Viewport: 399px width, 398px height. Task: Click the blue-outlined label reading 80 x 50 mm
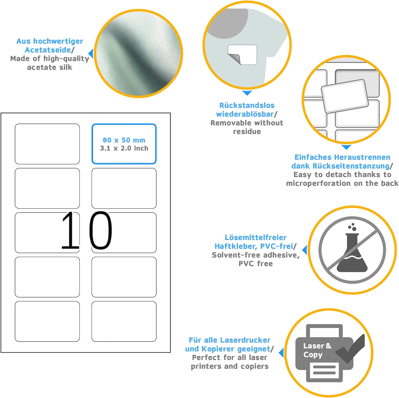[x=124, y=144]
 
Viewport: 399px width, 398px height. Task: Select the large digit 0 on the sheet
[x=100, y=230]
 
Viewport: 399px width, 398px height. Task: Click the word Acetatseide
[x=48, y=50]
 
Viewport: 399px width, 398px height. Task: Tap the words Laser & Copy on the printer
[x=317, y=350]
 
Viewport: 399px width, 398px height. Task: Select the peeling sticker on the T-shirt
[x=242, y=55]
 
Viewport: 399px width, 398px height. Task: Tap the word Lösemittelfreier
[x=256, y=237]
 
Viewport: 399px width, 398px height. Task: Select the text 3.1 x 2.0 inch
[x=124, y=148]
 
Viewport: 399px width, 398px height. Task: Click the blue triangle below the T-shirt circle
[x=247, y=93]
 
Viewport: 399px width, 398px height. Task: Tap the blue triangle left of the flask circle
[x=305, y=250]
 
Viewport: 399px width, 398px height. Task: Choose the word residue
[x=247, y=131]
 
